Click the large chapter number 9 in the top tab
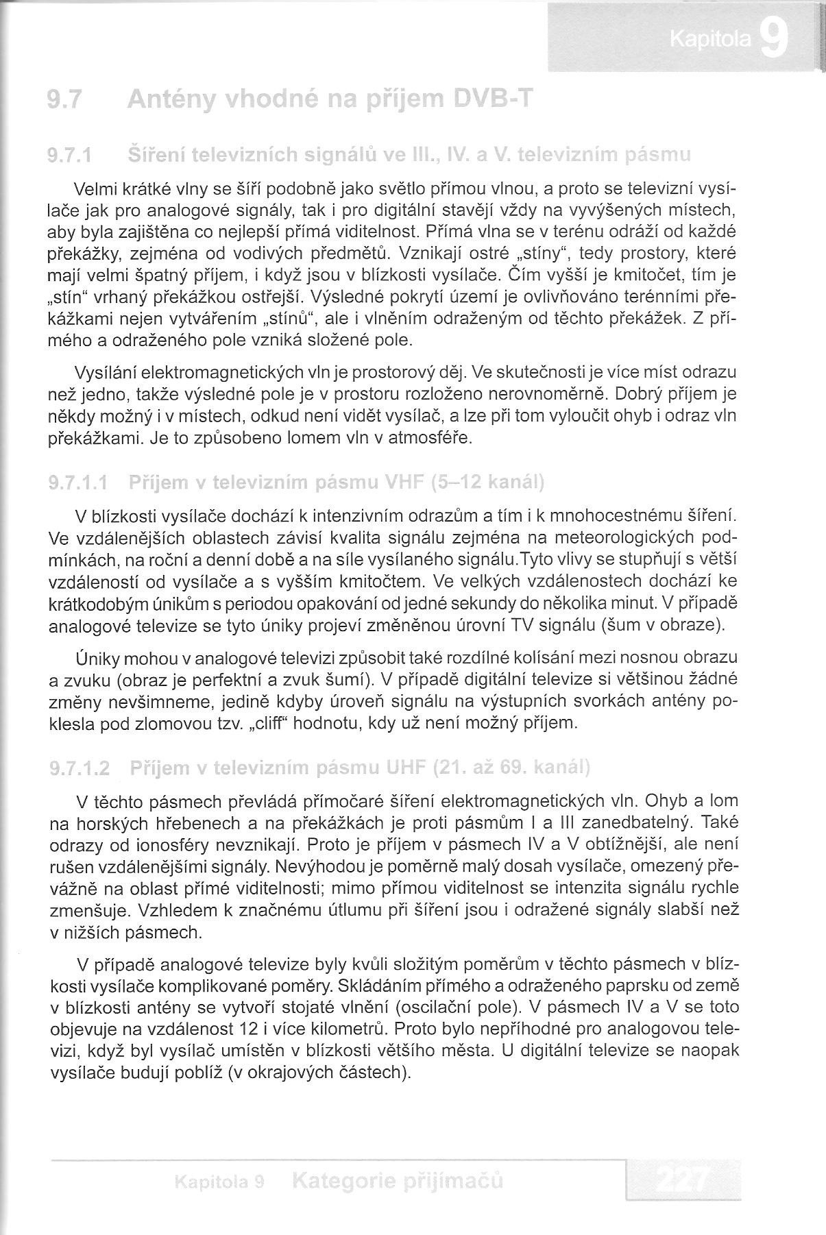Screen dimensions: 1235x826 tap(773, 40)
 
